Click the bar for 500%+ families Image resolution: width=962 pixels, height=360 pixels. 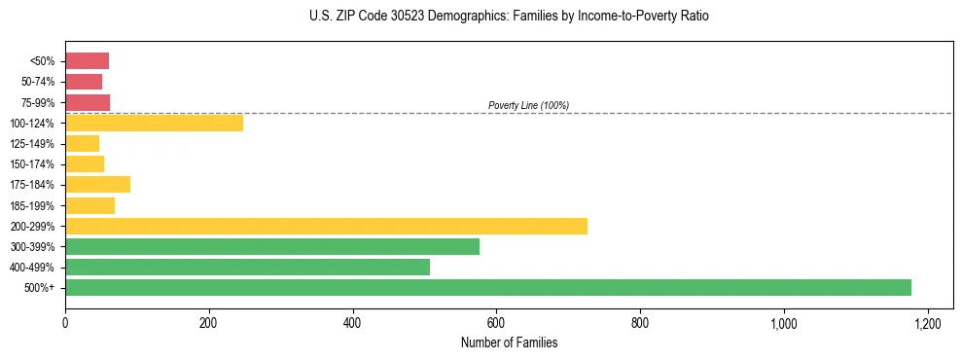487,287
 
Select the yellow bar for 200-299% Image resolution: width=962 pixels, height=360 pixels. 326,226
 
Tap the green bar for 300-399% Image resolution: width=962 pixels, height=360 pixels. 272,246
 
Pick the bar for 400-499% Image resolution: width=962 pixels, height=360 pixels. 247,267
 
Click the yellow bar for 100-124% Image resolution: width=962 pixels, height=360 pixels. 154,123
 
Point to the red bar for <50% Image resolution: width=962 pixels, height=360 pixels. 87,61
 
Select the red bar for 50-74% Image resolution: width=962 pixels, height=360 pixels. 84,82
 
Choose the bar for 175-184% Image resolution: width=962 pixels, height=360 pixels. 97,184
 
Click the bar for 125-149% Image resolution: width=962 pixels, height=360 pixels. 82,143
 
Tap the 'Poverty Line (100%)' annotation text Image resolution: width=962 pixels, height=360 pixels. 528,105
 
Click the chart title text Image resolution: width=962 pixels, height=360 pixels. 481,17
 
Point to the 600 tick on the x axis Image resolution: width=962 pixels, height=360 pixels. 496,322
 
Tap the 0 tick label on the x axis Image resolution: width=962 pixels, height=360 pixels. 65,322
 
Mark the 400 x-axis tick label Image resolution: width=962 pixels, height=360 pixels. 352,322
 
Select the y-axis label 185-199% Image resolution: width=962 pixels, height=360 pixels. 33,205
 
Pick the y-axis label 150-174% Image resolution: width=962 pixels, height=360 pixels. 33,163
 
